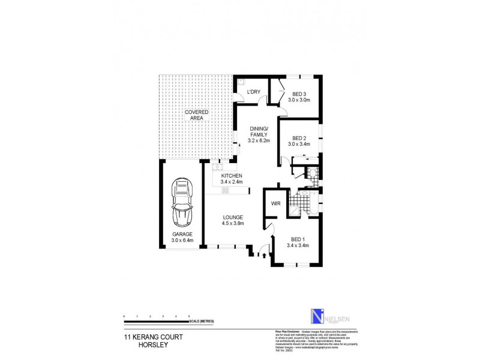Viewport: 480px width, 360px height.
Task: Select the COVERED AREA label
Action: coord(197,115)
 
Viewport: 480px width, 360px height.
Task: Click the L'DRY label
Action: coord(254,92)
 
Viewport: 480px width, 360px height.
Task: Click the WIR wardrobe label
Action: coord(277,204)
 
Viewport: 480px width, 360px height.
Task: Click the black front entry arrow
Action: coord(263,255)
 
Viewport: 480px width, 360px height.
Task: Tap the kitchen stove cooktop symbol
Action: coord(226,190)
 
